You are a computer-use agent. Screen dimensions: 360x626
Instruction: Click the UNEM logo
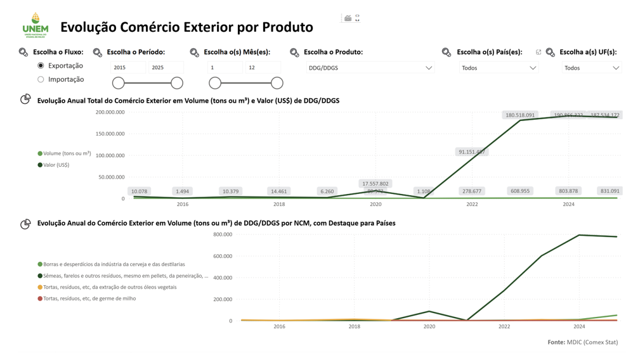35,25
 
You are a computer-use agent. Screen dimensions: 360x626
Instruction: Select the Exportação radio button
41,65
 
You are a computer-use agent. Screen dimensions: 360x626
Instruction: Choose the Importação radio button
41,79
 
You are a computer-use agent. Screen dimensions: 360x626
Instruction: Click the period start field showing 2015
127,67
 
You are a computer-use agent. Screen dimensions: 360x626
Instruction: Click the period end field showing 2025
166,67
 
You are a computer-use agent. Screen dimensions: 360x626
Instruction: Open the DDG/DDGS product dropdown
370,68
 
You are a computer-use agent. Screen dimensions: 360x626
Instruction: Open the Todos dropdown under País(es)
499,68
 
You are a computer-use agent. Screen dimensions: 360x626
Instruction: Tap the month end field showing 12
263,67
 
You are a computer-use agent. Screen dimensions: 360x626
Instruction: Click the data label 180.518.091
519,115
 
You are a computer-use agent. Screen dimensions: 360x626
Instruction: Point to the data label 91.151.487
472,152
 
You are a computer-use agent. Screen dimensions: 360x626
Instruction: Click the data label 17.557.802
375,184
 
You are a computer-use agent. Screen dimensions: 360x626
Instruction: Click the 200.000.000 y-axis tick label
110,112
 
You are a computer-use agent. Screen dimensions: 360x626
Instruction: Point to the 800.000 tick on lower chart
223,235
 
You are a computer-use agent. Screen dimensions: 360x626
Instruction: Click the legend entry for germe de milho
89,299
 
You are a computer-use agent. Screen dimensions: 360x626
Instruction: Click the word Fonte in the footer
556,342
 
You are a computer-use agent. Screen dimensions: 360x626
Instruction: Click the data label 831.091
610,191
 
